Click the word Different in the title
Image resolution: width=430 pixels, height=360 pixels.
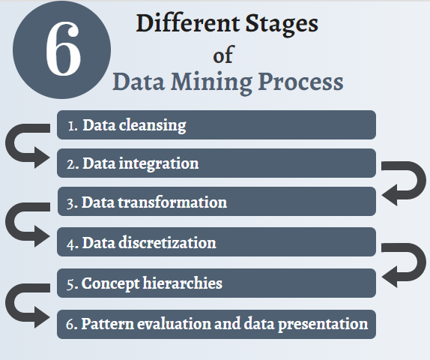[x=188, y=23]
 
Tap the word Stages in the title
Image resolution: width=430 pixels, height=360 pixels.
[x=282, y=25]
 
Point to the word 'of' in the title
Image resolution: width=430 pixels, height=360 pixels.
[x=223, y=54]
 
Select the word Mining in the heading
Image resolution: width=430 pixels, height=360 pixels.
[x=211, y=82]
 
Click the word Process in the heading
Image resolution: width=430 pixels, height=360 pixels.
[x=300, y=81]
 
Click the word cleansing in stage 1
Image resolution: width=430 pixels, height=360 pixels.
[x=152, y=126]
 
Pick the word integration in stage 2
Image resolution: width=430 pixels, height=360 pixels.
[x=159, y=164]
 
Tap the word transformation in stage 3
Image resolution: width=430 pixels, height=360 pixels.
[x=172, y=202]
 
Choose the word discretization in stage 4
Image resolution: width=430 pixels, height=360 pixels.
[x=167, y=243]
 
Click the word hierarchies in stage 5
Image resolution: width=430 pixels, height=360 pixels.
[x=182, y=283]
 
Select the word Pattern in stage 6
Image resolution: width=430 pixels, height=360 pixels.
[x=107, y=323]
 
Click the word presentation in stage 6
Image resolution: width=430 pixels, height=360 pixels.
[x=323, y=324]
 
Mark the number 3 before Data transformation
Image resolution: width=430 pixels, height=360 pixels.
[x=70, y=204]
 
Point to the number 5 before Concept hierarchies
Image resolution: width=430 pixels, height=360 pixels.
[x=70, y=284]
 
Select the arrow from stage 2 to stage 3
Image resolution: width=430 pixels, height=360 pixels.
[x=420, y=181]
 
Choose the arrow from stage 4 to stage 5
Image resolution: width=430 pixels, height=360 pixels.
[x=420, y=263]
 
